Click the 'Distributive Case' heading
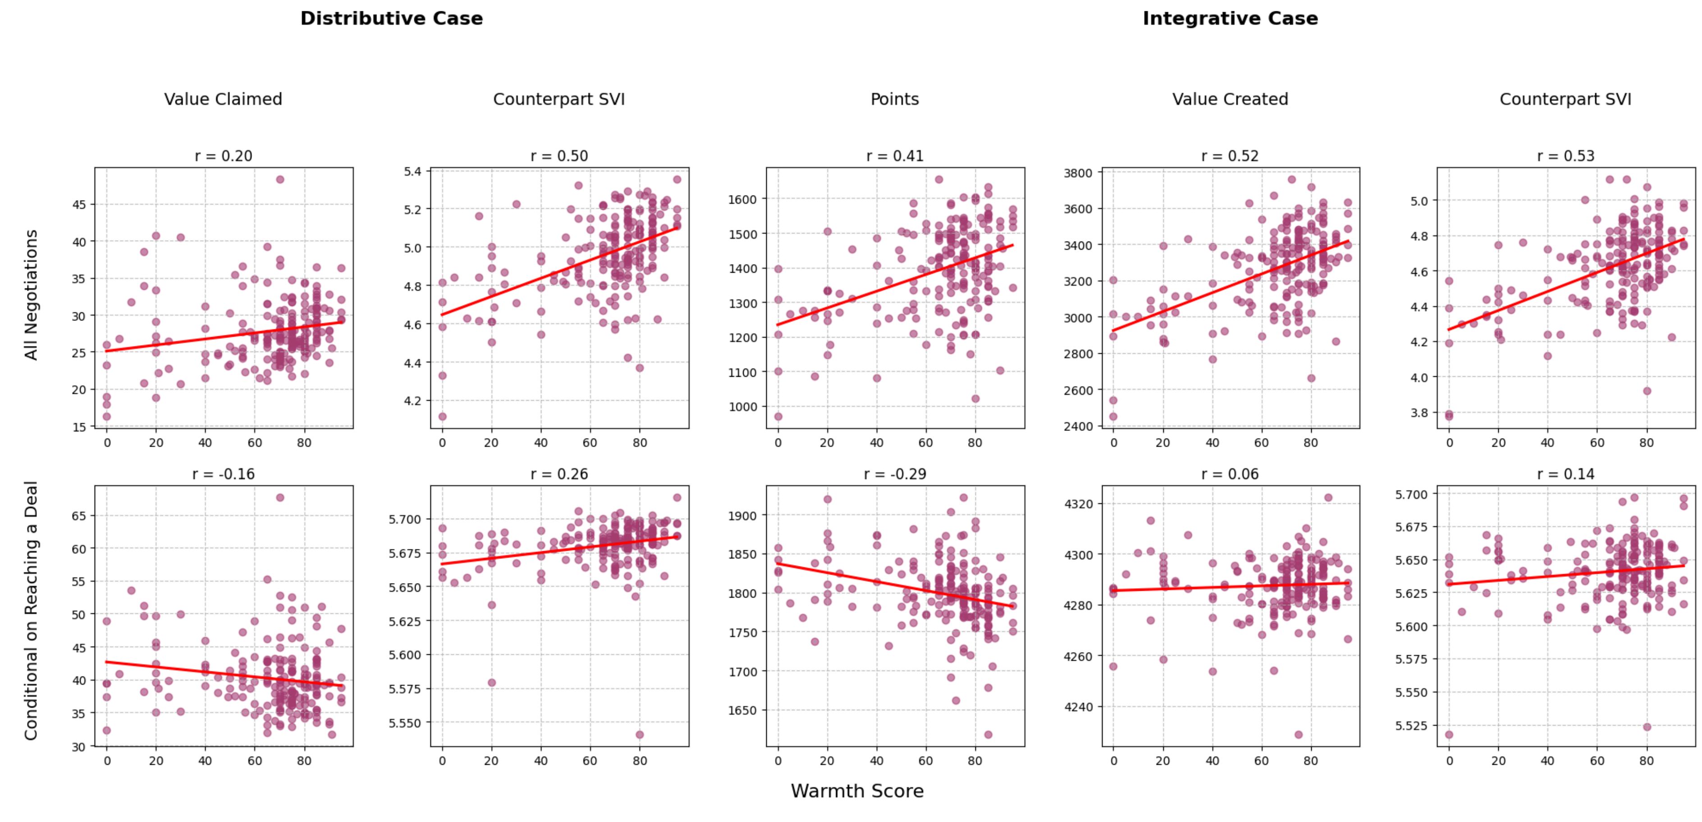tap(391, 18)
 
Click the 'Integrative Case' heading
tap(1230, 18)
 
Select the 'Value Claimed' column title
tap(223, 99)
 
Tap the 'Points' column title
tap(895, 99)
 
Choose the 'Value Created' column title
tap(1230, 99)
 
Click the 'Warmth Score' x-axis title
tap(857, 791)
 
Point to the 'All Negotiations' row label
tap(31, 295)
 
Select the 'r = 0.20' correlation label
tap(223, 156)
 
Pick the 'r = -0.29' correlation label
tap(895, 475)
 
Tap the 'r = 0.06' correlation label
tap(1230, 475)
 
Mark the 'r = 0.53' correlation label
tap(1565, 156)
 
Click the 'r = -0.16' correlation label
tap(223, 475)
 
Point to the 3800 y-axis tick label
tap(1078, 173)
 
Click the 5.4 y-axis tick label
tap(412, 172)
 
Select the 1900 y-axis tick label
tap(742, 516)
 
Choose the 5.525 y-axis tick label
tap(1411, 726)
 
